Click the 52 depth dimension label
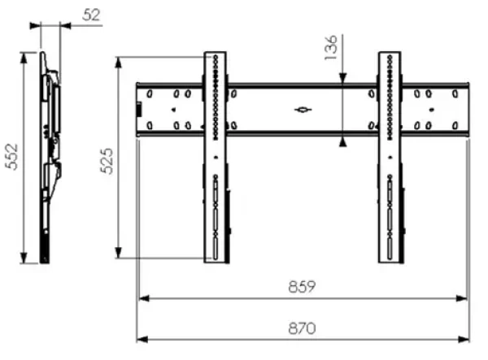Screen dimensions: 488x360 coord(92,15)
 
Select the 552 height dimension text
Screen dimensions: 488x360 coord(12,156)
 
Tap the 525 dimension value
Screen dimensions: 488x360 coord(107,161)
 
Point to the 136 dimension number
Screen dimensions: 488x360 coord(330,48)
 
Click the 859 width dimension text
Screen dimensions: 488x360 coord(302,287)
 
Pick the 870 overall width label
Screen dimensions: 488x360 coord(302,328)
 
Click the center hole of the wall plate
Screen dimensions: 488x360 coord(303,110)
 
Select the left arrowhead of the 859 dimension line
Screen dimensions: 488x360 coord(144,298)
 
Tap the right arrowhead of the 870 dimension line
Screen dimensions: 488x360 coord(464,340)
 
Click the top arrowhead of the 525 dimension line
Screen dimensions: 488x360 coord(118,63)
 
